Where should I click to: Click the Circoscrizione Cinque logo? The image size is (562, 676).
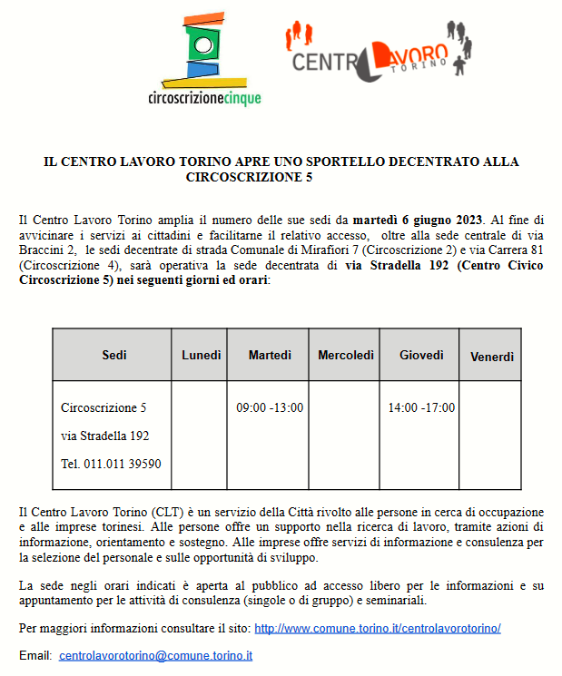[x=204, y=59]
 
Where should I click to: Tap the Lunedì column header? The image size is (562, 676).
[x=200, y=355]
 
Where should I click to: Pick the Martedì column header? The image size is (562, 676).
[x=270, y=355]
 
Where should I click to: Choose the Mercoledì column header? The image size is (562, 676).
[x=345, y=355]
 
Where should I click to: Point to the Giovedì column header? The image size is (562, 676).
[x=421, y=355]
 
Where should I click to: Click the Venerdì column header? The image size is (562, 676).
[x=492, y=357]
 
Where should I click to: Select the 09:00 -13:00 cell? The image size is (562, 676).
[x=270, y=408]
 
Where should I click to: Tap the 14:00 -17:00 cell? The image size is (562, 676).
[x=421, y=408]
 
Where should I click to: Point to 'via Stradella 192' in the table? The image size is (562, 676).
[x=104, y=436]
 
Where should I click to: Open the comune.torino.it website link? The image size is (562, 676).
[x=377, y=628]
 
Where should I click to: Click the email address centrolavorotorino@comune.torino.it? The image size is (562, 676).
[x=155, y=655]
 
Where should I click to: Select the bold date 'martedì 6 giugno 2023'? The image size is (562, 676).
[x=418, y=220]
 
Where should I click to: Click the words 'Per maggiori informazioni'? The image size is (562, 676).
[x=77, y=628]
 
